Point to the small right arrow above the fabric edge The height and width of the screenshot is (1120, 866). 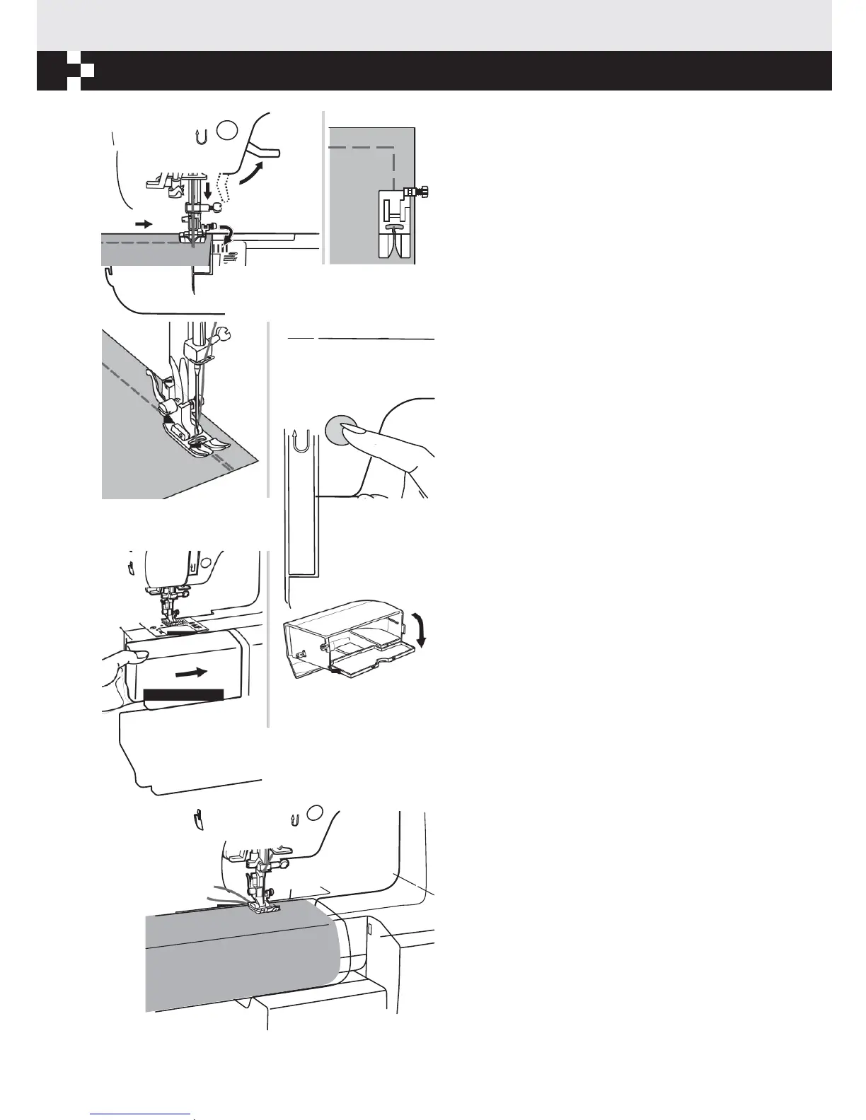click(144, 223)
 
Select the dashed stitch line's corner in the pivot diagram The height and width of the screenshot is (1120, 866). click(393, 148)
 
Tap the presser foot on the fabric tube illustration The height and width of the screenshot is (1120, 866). click(264, 908)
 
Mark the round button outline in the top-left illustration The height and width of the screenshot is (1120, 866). click(226, 130)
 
